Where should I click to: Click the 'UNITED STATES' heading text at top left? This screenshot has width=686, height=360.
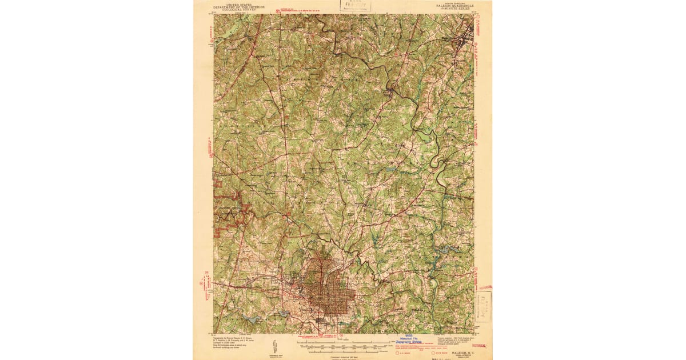(230, 3)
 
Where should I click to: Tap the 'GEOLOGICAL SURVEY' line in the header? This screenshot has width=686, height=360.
(230, 9)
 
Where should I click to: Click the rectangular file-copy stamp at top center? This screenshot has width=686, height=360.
(356, 6)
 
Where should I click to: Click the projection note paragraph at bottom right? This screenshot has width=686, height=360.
(454, 341)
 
